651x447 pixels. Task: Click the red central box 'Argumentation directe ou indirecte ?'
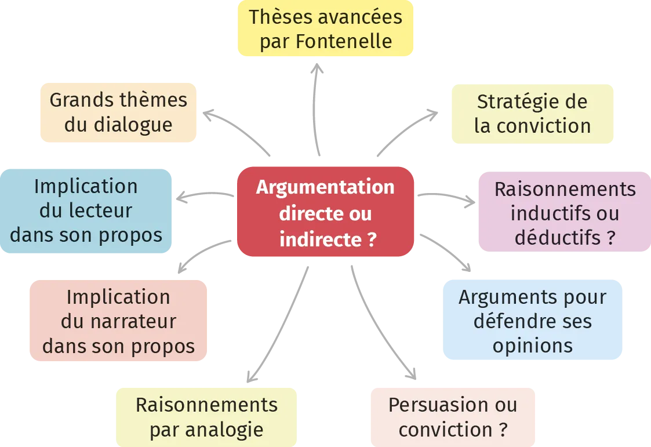(x=325, y=213)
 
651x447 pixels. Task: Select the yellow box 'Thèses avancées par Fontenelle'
(x=325, y=28)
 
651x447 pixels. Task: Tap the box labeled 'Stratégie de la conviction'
(x=532, y=114)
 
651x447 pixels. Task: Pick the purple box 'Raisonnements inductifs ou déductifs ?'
(x=564, y=213)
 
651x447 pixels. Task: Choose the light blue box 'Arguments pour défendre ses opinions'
(x=532, y=321)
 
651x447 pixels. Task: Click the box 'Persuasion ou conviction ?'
(x=453, y=417)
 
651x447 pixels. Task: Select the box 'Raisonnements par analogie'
(x=206, y=417)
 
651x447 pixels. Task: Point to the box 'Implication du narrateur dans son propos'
(x=118, y=321)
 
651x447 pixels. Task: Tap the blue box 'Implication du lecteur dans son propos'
(x=86, y=210)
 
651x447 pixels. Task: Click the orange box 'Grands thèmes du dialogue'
(x=118, y=112)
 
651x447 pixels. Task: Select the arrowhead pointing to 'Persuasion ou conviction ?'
(x=409, y=372)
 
